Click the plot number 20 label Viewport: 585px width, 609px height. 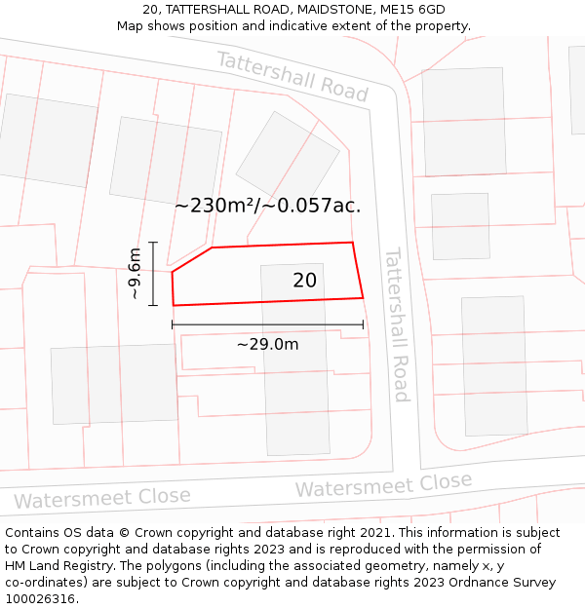pyautogui.click(x=304, y=281)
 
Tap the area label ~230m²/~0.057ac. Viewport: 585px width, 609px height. pyautogui.click(x=267, y=206)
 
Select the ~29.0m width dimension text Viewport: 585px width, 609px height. pyautogui.click(x=267, y=344)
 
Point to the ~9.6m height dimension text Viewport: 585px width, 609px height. pyautogui.click(x=136, y=274)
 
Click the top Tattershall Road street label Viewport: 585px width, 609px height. pyautogui.click(x=292, y=76)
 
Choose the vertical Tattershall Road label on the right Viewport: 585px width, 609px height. pyautogui.click(x=396, y=324)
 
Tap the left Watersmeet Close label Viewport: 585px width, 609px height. pyautogui.click(x=102, y=498)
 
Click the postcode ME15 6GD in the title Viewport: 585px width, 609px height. pyautogui.click(x=412, y=10)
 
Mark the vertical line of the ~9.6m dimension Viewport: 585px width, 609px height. pyautogui.click(x=153, y=274)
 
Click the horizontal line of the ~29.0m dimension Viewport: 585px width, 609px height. pyautogui.click(x=267, y=324)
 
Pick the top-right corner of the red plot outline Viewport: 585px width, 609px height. pyautogui.click(x=352, y=243)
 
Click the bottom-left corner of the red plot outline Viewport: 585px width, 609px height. pyautogui.click(x=174, y=305)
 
